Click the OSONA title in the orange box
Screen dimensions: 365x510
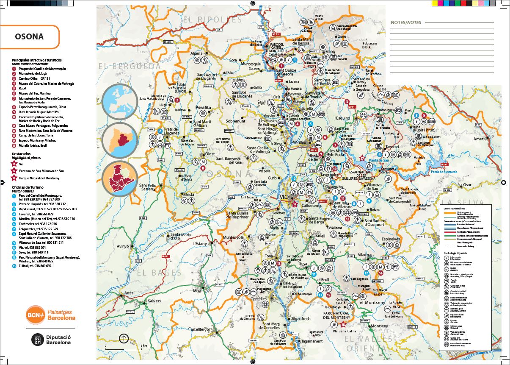[29, 36]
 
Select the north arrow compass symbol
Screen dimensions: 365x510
[124, 338]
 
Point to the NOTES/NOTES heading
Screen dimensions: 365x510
[406, 22]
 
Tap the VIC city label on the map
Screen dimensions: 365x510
[284, 197]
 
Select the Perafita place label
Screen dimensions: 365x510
[203, 108]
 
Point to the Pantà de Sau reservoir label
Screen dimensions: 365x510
[379, 160]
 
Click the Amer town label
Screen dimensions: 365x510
[478, 139]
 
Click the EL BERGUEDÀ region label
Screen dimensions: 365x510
[130, 66]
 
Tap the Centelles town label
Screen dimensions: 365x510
[259, 299]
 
